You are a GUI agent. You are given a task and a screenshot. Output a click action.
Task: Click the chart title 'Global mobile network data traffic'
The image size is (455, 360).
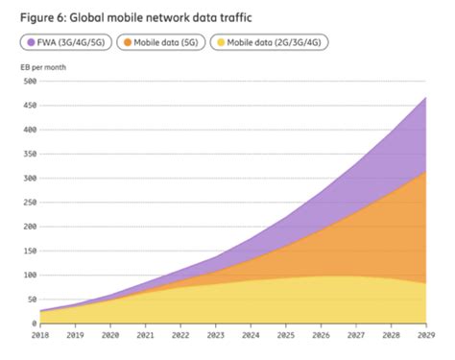(x=174, y=16)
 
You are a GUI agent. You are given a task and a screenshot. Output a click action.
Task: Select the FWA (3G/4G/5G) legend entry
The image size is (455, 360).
(x=64, y=43)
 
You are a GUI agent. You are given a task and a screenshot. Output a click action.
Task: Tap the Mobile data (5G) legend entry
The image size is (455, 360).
(x=166, y=43)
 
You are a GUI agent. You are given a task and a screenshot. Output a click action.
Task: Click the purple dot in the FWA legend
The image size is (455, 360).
(x=32, y=43)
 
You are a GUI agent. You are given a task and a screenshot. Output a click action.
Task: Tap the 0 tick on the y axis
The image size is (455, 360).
(x=32, y=324)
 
